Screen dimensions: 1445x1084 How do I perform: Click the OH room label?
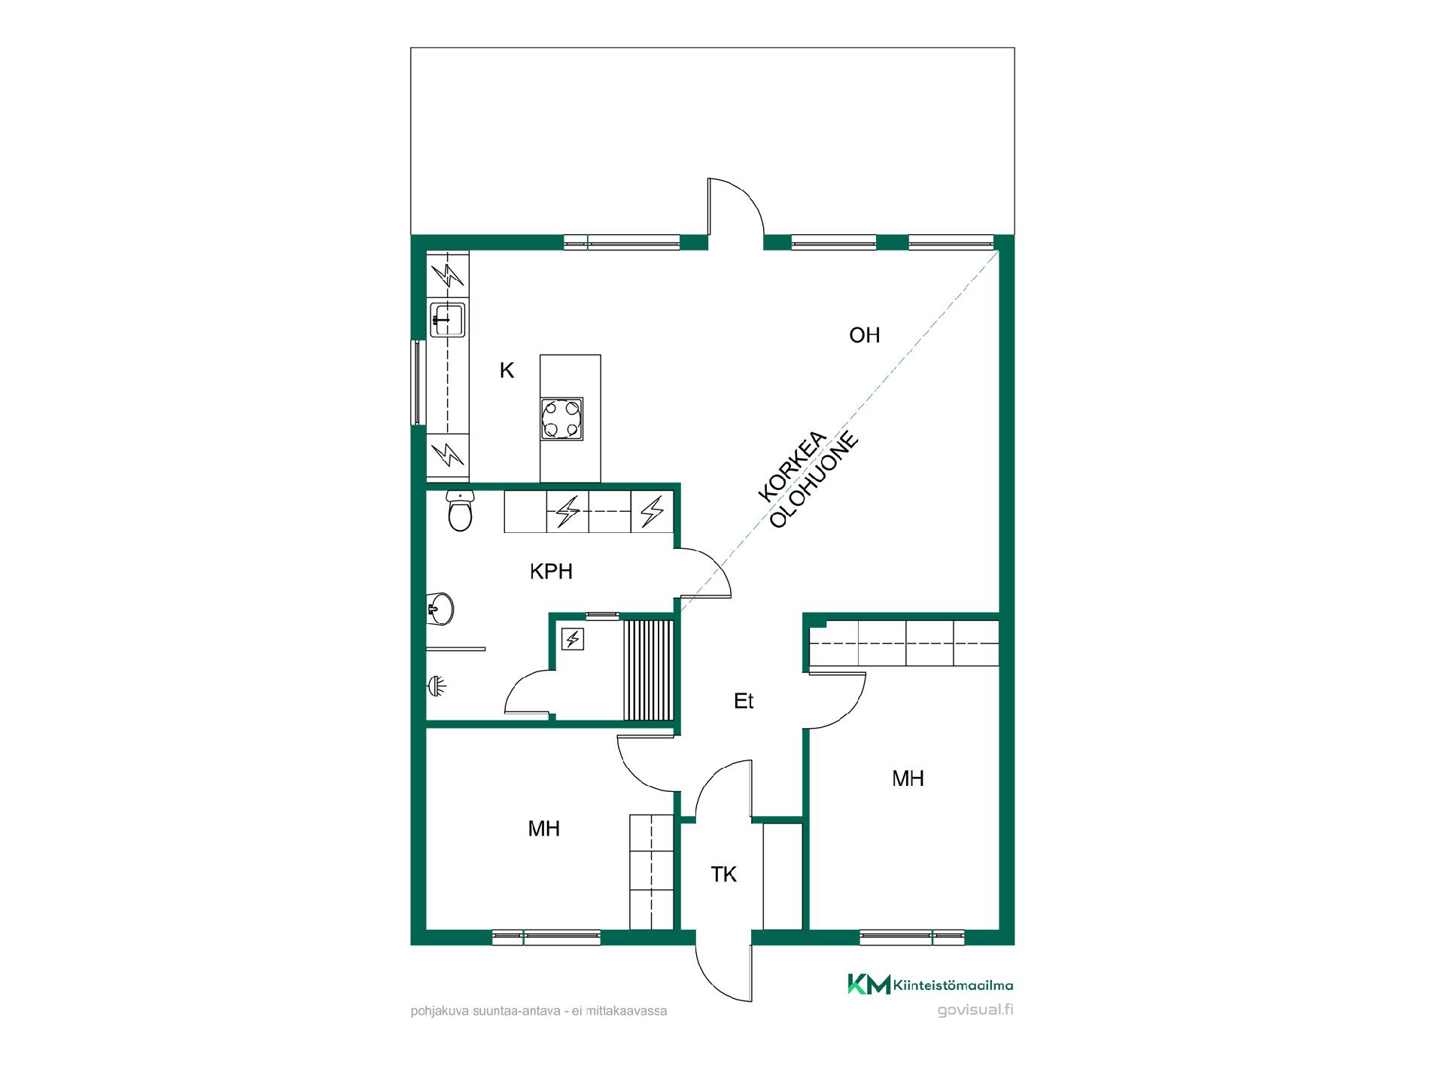point(864,335)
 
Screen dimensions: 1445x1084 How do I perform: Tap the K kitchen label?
point(507,370)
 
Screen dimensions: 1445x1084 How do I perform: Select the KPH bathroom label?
point(551,572)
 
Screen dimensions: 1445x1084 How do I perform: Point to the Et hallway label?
point(744,702)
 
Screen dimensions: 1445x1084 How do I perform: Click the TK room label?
point(724,875)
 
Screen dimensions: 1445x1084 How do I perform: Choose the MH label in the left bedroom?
point(543,829)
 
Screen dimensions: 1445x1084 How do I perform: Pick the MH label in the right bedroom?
point(908,778)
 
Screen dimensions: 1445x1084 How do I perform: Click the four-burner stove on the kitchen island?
point(561,419)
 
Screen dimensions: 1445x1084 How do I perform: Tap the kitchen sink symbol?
point(448,319)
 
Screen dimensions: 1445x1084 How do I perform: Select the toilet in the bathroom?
point(460,511)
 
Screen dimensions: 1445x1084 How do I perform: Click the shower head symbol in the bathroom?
point(437,685)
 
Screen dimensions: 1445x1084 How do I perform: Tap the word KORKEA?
point(792,467)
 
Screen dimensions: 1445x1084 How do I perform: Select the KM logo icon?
point(869,984)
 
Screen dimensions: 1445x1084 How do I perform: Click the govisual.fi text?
point(975,1010)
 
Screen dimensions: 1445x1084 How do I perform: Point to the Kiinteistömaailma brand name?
point(954,985)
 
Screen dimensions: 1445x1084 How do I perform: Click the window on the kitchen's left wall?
point(415,382)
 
